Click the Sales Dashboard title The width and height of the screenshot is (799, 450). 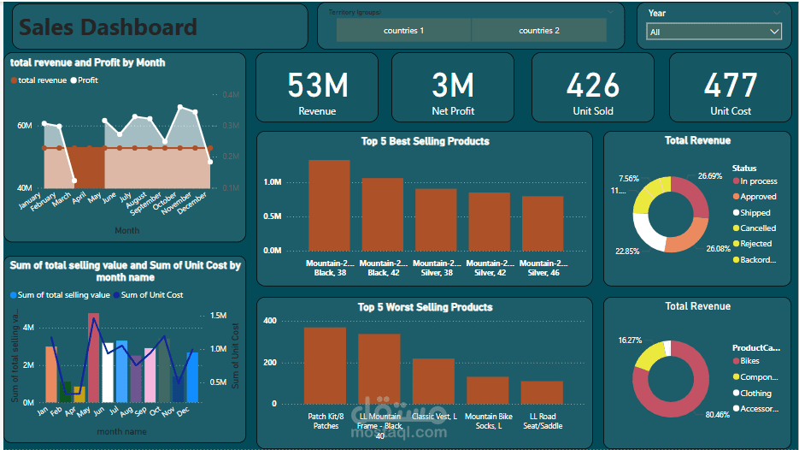[109, 27]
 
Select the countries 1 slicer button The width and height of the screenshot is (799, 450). [403, 31]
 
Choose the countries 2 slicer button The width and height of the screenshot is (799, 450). [539, 31]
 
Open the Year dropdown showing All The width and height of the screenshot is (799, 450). [714, 32]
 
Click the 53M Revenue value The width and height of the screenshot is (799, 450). [317, 86]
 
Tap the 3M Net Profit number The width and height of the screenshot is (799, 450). [453, 86]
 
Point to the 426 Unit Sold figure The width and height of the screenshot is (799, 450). [593, 86]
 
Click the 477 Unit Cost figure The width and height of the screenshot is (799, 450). [731, 86]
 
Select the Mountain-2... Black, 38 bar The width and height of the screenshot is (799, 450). [329, 205]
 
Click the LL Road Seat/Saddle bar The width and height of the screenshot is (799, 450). [542, 393]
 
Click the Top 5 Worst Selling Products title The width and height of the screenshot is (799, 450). [425, 307]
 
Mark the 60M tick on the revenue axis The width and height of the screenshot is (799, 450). [25, 126]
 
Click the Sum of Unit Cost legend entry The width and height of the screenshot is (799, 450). [150, 295]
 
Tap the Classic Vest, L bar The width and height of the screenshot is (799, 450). [433, 381]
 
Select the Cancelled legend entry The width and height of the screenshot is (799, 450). [758, 228]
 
